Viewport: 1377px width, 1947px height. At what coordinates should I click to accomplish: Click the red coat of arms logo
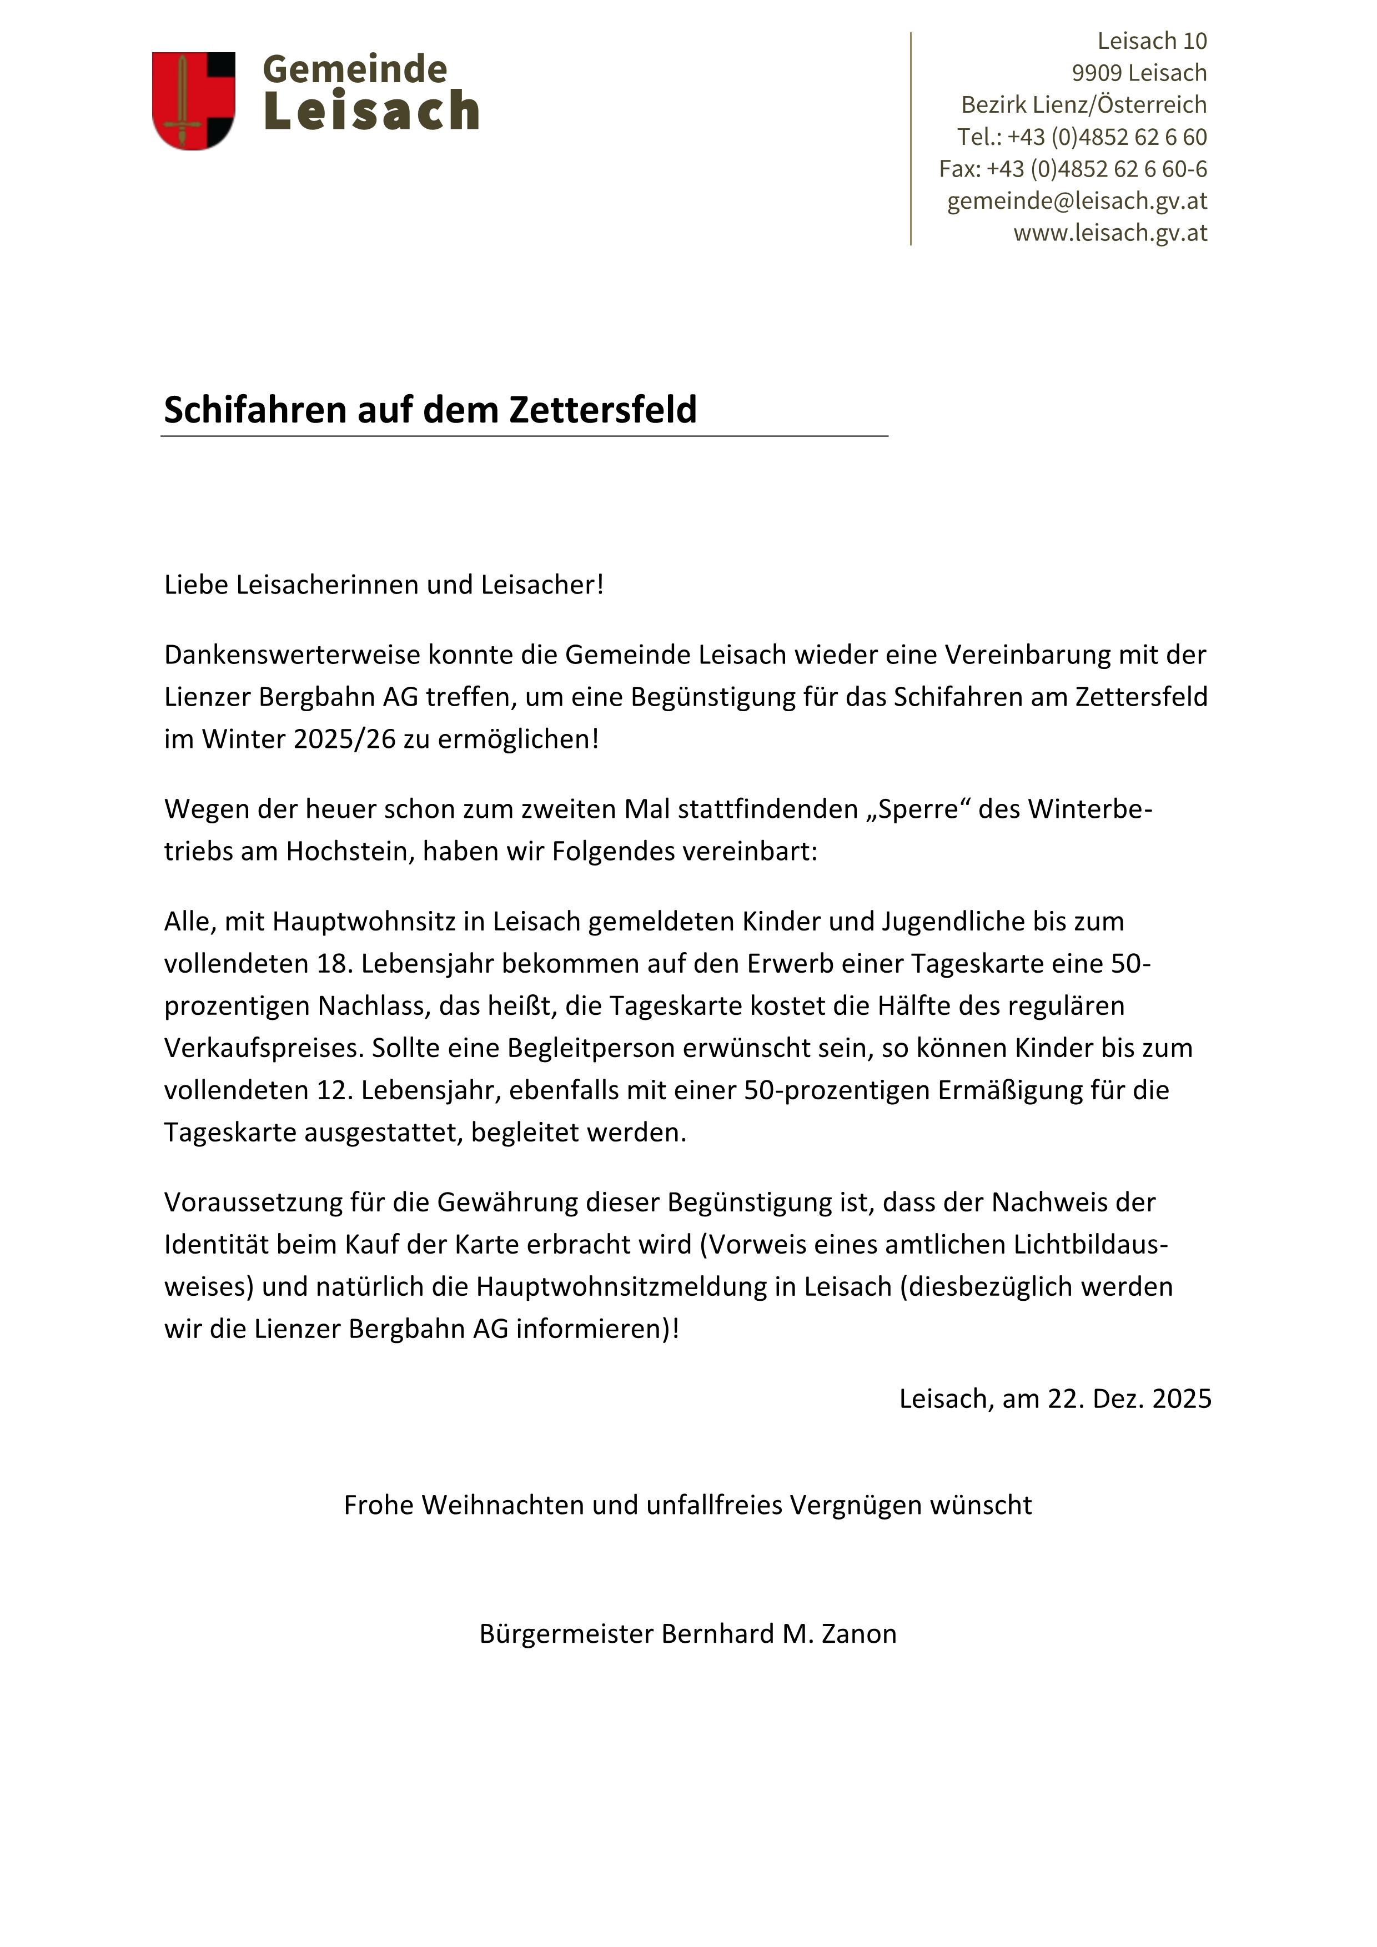click(x=193, y=101)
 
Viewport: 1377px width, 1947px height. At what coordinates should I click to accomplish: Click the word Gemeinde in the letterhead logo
click(x=354, y=69)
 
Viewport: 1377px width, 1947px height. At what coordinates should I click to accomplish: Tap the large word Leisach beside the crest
click(x=371, y=111)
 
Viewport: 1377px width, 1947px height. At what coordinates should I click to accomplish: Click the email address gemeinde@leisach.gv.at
click(x=1076, y=201)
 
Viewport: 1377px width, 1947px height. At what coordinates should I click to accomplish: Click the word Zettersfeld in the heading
click(x=602, y=410)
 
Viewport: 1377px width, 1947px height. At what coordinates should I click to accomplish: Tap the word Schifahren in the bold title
click(x=255, y=410)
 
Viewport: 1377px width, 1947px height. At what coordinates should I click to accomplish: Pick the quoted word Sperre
click(x=918, y=809)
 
